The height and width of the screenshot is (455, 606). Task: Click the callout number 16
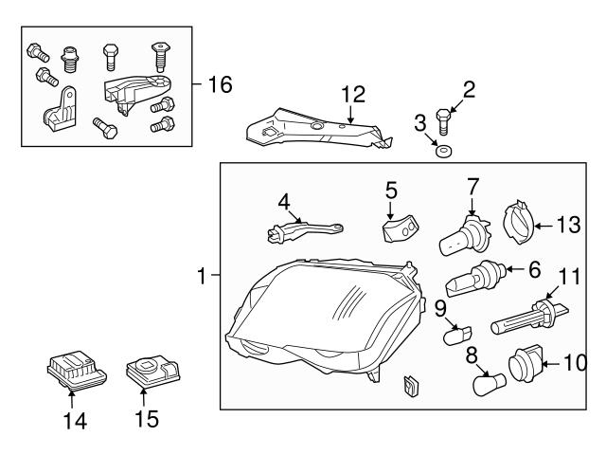click(219, 85)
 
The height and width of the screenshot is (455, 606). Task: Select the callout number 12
click(352, 94)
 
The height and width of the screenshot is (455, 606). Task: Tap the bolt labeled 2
click(444, 121)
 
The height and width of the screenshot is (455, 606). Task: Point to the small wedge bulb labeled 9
click(457, 334)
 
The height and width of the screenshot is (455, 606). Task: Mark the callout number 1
click(202, 277)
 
